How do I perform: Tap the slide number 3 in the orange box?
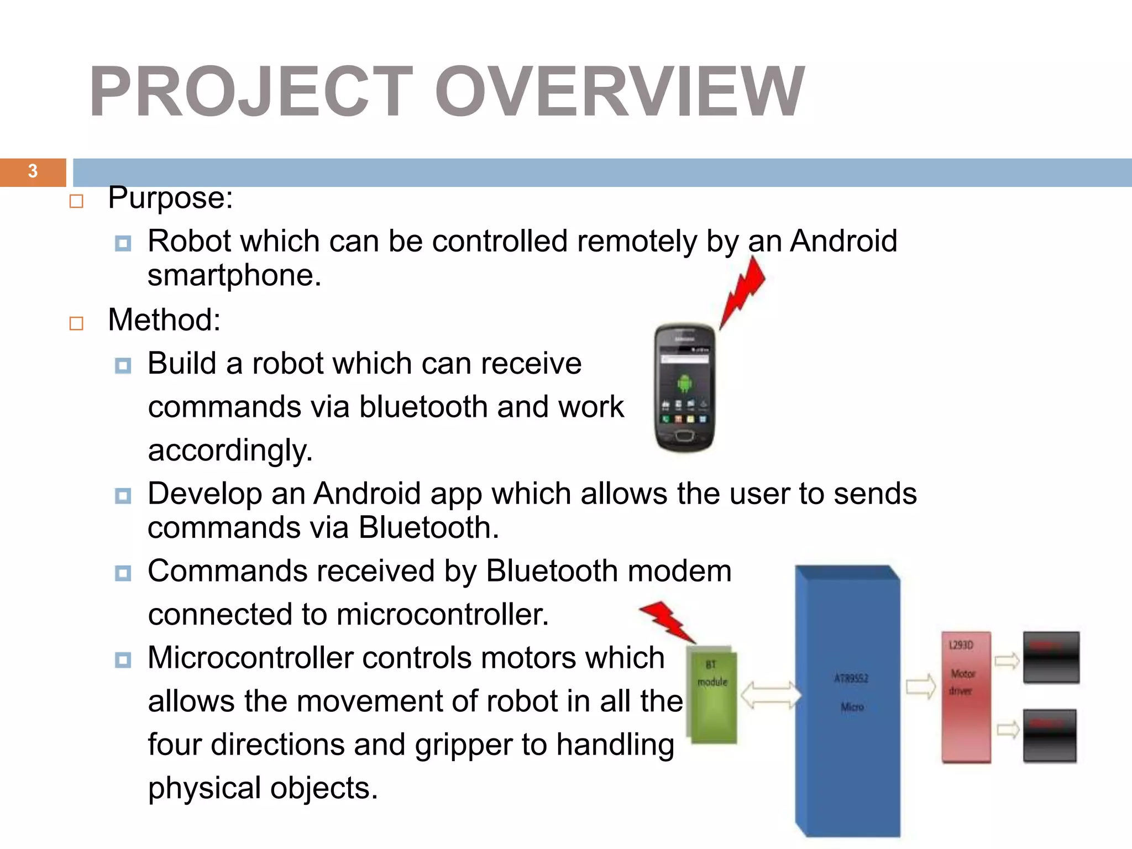(x=33, y=171)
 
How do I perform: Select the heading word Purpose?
(x=170, y=198)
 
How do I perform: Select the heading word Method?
(x=164, y=320)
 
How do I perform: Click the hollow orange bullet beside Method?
(x=76, y=323)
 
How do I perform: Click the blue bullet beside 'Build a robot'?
(x=123, y=365)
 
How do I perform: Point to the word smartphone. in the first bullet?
(x=234, y=276)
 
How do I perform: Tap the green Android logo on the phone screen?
(x=684, y=382)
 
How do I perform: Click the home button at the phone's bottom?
(x=684, y=437)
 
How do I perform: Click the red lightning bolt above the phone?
(x=744, y=293)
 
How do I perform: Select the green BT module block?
(x=713, y=696)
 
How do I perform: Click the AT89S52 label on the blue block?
(x=851, y=678)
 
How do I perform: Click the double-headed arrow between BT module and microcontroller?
(x=770, y=695)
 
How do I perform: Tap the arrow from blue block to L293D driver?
(x=920, y=688)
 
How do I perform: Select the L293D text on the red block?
(x=961, y=645)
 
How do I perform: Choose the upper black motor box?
(x=1051, y=658)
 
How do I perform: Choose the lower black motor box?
(x=1050, y=736)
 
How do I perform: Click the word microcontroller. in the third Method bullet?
(x=442, y=615)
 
